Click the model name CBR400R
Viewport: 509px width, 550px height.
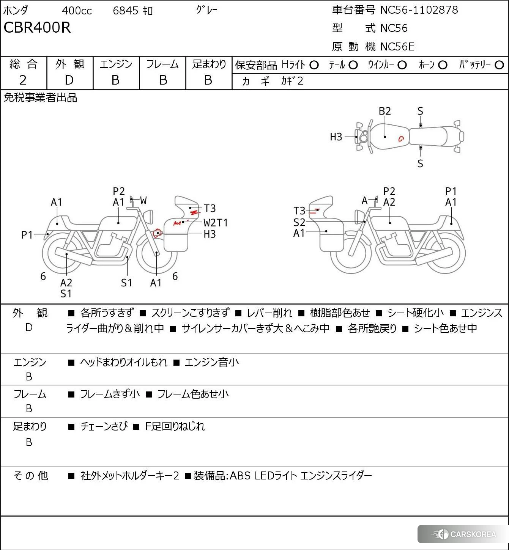(x=37, y=28)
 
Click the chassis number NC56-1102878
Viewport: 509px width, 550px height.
(x=419, y=10)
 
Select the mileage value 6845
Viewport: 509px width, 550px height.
(x=125, y=11)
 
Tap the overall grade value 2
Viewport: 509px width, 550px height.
(x=23, y=80)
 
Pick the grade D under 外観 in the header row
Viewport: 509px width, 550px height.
(x=69, y=80)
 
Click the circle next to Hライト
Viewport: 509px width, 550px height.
(x=314, y=65)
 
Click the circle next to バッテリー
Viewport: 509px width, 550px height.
(x=500, y=65)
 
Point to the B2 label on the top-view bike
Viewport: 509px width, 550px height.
(x=385, y=111)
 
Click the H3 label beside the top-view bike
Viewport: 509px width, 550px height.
(x=336, y=137)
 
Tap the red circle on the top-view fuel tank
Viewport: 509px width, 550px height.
(x=401, y=139)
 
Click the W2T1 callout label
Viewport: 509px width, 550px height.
(x=216, y=223)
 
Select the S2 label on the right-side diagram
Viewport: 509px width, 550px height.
(x=299, y=222)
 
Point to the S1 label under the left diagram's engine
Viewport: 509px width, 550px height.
(x=126, y=283)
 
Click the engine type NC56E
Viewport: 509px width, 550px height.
(x=397, y=47)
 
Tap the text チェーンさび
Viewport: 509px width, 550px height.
(x=104, y=426)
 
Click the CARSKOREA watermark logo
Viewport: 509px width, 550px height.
(x=464, y=534)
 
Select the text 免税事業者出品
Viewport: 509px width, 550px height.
(x=40, y=98)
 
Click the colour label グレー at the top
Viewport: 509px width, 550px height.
(x=207, y=10)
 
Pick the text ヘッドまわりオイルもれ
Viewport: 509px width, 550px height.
(x=123, y=362)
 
